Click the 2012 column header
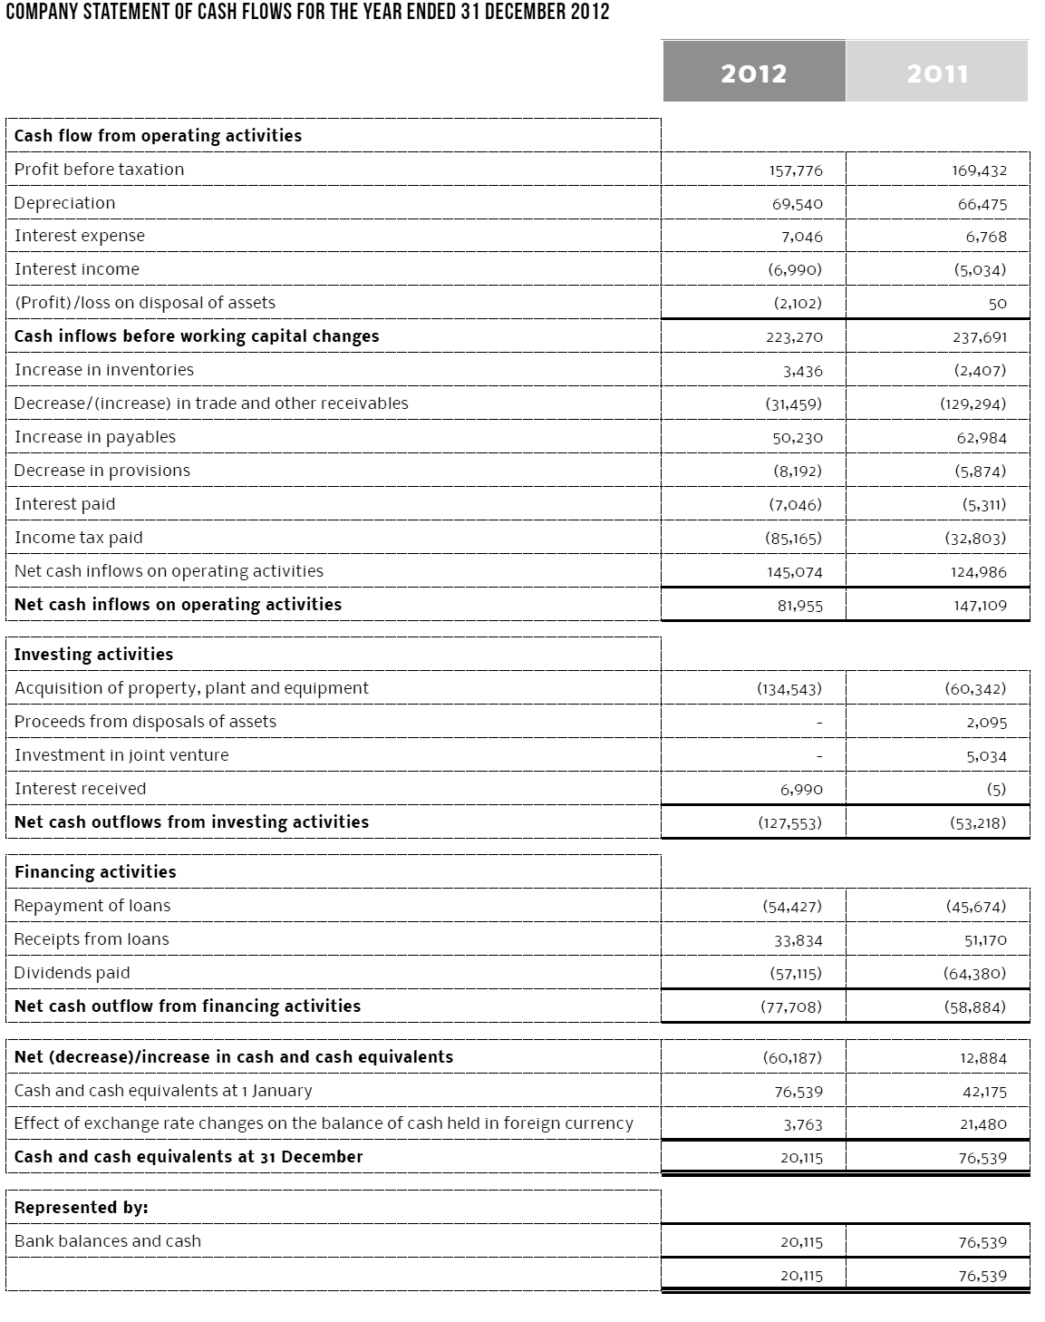tap(753, 73)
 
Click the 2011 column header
tap(937, 73)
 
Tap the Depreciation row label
tap(65, 203)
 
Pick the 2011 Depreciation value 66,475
tap(982, 204)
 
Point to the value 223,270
tap(794, 337)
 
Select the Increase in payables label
tap(95, 437)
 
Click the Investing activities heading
tap(93, 655)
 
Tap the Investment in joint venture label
tap(121, 755)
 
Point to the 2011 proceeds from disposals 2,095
tap(986, 723)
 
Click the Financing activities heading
tap(95, 872)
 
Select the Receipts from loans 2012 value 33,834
tap(798, 940)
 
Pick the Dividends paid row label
tap(73, 973)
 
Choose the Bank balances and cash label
tap(108, 1241)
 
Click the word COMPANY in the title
tap(44, 12)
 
